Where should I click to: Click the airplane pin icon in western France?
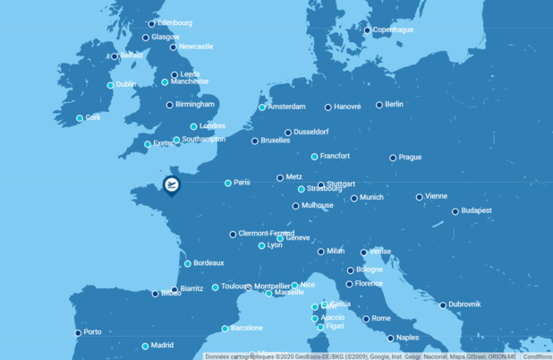tap(171, 185)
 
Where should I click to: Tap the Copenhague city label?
tap(394, 30)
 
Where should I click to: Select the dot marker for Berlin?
tap(379, 105)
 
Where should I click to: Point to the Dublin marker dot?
tap(111, 85)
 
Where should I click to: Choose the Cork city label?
tap(93, 117)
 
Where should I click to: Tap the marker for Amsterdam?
tap(262, 107)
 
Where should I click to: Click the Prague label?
tap(410, 158)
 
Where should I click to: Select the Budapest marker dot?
tap(455, 211)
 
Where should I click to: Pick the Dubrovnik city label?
tap(464, 304)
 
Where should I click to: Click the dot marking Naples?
tap(390, 339)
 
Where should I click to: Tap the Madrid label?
tap(162, 346)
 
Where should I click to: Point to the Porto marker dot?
tap(78, 333)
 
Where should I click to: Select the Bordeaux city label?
tap(208, 263)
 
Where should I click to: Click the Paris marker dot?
tap(228, 183)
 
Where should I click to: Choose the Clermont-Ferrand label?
tap(267, 234)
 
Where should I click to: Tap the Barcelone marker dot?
tap(225, 329)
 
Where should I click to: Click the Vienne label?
tap(437, 196)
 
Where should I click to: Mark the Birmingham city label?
tap(195, 105)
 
